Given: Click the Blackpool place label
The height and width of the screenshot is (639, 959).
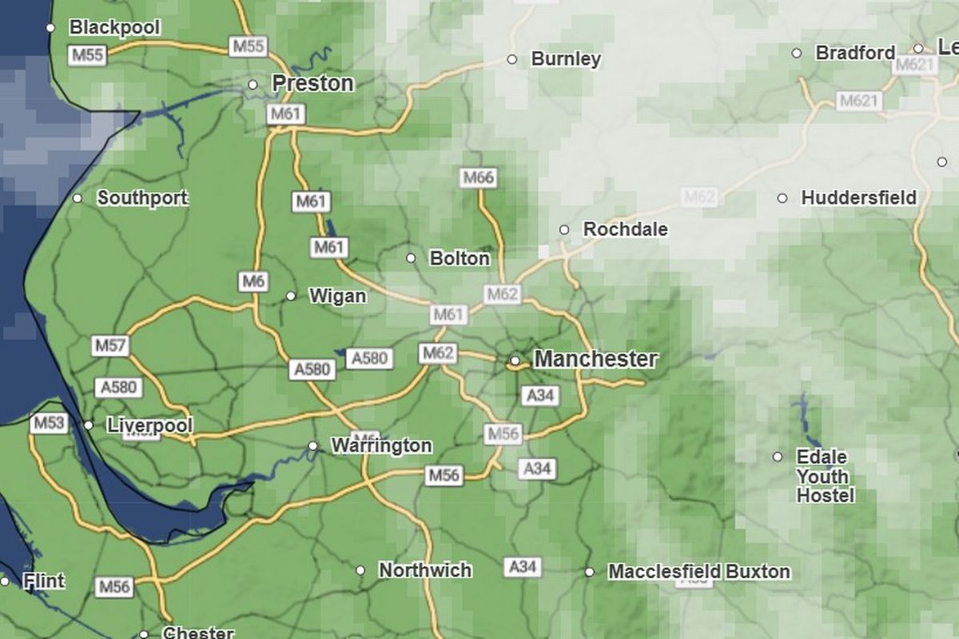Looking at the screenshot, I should (x=114, y=28).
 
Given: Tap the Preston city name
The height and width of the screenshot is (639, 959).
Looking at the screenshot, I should (x=312, y=83).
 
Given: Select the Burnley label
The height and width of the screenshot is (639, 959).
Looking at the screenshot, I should (x=566, y=59).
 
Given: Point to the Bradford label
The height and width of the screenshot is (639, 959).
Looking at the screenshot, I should (x=855, y=53).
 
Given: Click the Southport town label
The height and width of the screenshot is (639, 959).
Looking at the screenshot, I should (x=142, y=198).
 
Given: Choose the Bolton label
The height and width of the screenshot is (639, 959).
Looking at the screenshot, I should (x=460, y=258).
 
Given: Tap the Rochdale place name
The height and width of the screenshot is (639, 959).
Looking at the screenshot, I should (x=625, y=230).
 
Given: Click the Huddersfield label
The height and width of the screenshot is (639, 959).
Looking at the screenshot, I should (x=858, y=198).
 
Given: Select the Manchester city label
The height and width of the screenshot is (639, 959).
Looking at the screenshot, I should (x=595, y=360).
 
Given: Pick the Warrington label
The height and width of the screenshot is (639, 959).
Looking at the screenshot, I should (x=381, y=445).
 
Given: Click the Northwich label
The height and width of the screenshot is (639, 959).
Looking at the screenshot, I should (x=425, y=570).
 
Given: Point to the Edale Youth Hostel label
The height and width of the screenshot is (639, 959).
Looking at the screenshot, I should (x=825, y=477).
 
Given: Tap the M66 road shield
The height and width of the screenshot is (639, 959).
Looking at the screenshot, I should (x=478, y=178).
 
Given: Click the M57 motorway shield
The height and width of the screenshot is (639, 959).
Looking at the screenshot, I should (x=110, y=346).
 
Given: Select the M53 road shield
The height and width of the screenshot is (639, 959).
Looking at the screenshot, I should (x=48, y=423).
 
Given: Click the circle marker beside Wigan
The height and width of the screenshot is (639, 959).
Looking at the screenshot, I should (x=291, y=296).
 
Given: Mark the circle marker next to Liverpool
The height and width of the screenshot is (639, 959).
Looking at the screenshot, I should (x=89, y=425).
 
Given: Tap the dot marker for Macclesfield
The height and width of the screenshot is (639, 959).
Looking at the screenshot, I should (x=589, y=572).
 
